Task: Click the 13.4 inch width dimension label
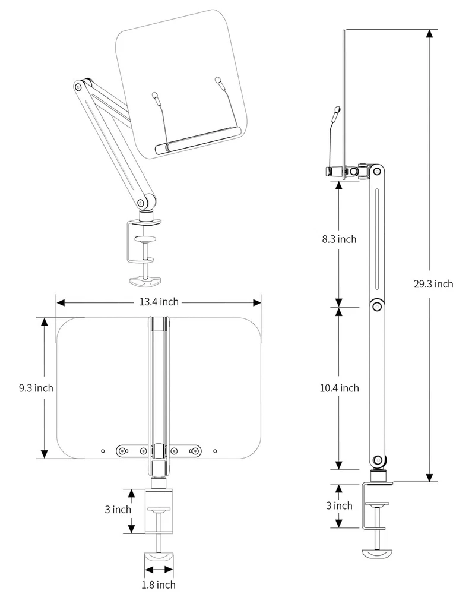coord(159,302)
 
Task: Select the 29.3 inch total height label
coord(433,283)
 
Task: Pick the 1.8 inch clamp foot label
coord(159,584)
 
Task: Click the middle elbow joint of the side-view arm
coord(376,306)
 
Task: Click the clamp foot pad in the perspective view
coord(145,280)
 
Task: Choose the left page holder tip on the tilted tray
coord(156,94)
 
